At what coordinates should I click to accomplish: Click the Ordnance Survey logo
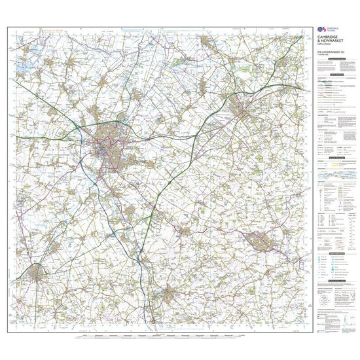(x=320, y=29)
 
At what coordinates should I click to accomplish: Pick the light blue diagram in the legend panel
(x=334, y=176)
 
